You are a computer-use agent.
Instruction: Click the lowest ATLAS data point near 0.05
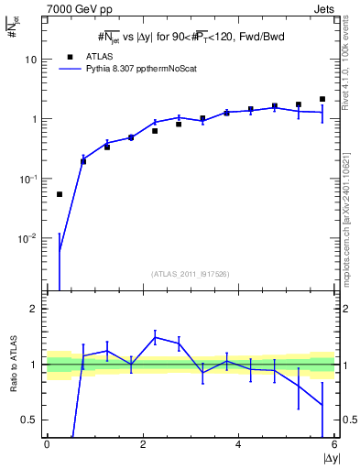60,194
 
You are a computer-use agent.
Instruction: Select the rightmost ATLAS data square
322,99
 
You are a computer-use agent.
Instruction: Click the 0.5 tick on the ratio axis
31,420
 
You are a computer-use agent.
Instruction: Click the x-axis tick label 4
238,445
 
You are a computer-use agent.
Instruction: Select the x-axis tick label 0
47,445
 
